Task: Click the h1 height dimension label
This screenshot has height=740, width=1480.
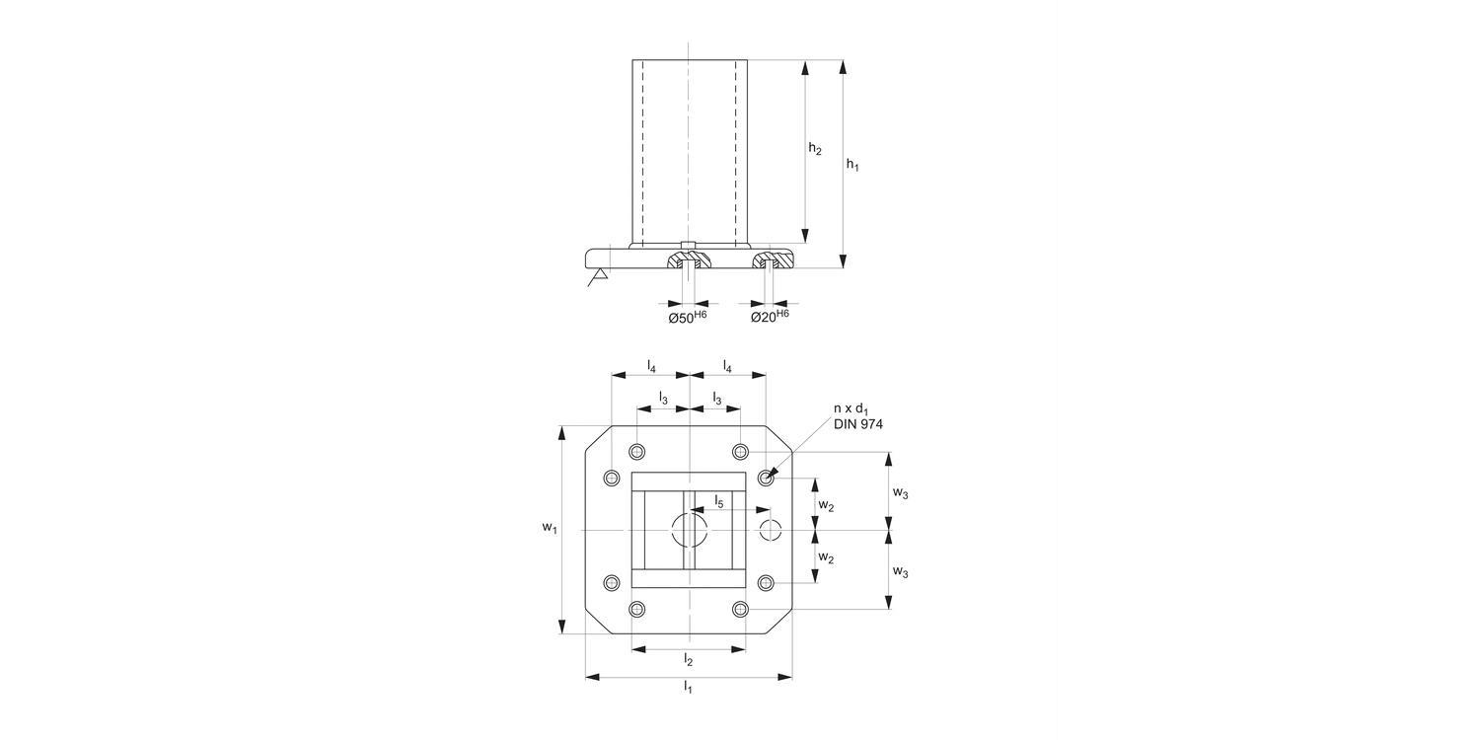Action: coord(852,165)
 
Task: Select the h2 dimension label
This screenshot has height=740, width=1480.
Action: coord(815,149)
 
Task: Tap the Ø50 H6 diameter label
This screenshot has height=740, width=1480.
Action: coord(688,317)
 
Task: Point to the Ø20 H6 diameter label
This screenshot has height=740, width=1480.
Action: coord(770,317)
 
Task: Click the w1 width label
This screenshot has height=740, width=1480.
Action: coord(550,527)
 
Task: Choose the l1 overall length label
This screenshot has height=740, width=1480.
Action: coord(688,687)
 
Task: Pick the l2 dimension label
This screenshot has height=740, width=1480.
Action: coord(689,659)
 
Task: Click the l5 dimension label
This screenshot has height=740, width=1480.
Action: coord(719,501)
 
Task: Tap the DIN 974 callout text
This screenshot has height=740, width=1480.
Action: coord(857,424)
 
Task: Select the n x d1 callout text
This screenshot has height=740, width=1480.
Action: coord(851,409)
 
